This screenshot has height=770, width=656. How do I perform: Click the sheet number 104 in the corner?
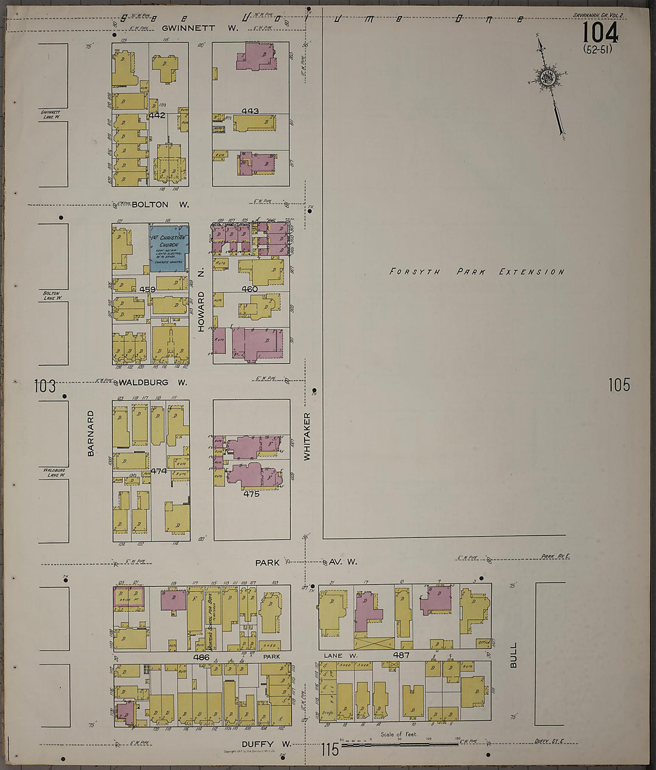[x=600, y=32]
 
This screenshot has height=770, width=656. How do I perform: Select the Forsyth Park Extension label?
[x=476, y=272]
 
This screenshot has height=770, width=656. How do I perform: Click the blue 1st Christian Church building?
[x=169, y=248]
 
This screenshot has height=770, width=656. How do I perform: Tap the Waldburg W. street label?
[x=153, y=382]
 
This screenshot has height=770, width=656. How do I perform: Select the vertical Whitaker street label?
[x=307, y=436]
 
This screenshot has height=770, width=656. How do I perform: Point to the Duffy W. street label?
[x=266, y=744]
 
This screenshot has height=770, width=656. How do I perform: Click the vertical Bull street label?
[x=513, y=655]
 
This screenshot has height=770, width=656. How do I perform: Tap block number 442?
[x=157, y=115]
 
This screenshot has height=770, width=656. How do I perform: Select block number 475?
[x=251, y=494]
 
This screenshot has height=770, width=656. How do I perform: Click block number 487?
[x=401, y=655]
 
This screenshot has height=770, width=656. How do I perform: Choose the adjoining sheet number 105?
[x=619, y=385]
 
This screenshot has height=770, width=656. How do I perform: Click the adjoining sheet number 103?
[x=45, y=386]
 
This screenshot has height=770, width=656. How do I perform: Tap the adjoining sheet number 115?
[x=329, y=749]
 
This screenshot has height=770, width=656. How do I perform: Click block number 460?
[x=249, y=289]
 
